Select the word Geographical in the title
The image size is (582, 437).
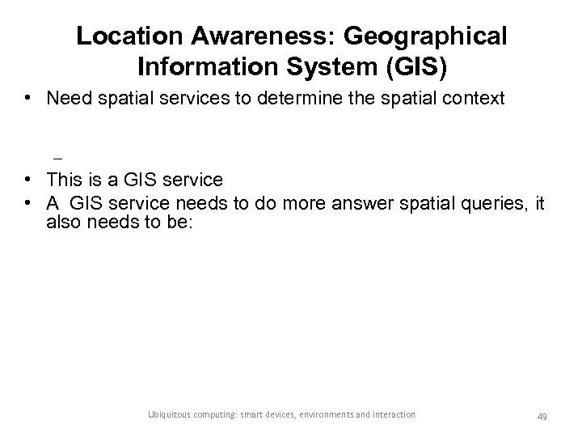coord(426,36)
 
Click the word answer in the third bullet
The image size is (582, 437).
coord(362,204)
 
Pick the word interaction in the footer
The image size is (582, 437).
coord(395,414)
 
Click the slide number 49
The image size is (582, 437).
coord(542,416)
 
